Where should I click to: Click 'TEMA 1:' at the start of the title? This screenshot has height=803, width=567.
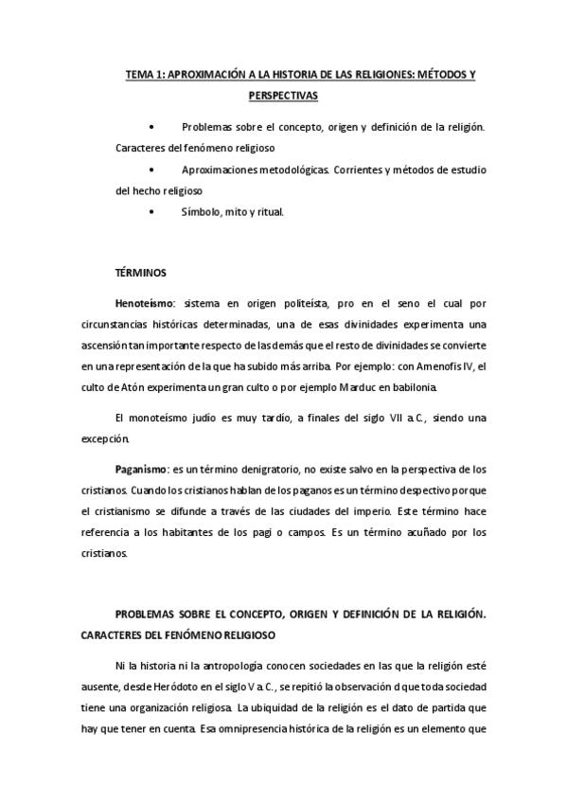pyautogui.click(x=146, y=74)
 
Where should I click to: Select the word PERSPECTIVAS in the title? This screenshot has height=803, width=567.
pyautogui.click(x=283, y=97)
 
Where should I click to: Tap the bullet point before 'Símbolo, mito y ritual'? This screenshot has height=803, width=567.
pyautogui.click(x=151, y=212)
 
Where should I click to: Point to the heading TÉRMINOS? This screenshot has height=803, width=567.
pyautogui.click(x=140, y=274)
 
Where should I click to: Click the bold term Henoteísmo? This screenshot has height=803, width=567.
pyautogui.click(x=147, y=306)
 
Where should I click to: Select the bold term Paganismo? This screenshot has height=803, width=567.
pyautogui.click(x=142, y=469)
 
